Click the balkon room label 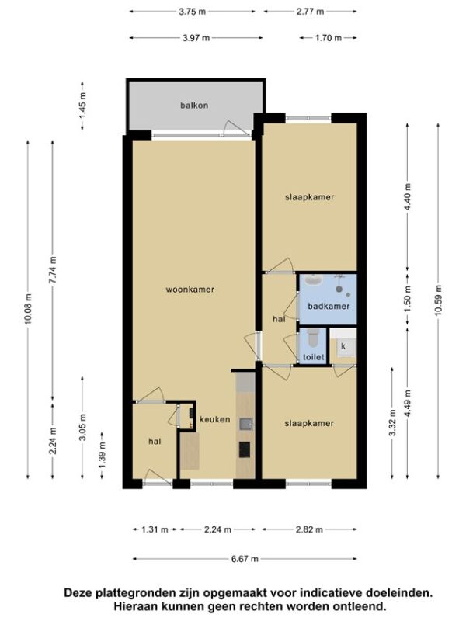click(x=194, y=106)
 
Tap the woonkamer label click(x=190, y=290)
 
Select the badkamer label click(x=329, y=306)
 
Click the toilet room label click(x=314, y=357)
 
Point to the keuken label click(x=214, y=419)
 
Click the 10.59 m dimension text click(x=438, y=300)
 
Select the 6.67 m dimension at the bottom click(x=245, y=559)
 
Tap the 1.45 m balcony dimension click(x=82, y=105)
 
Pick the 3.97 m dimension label click(x=196, y=38)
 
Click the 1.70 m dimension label click(x=328, y=38)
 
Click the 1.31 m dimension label click(x=155, y=529)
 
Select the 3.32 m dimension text click(x=392, y=422)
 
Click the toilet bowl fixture click(x=313, y=338)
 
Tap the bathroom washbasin click(x=315, y=280)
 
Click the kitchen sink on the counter click(x=246, y=424)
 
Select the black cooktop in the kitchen click(x=245, y=449)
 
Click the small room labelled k click(x=343, y=346)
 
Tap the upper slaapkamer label click(x=309, y=197)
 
